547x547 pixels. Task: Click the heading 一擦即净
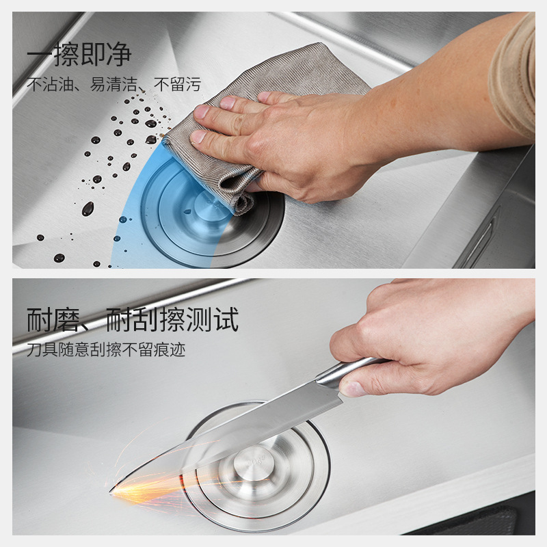coord(79,54)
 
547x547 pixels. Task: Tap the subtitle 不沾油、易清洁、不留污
coord(114,84)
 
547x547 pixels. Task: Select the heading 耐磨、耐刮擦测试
coord(133,319)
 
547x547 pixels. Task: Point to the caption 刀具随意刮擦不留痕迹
coord(106,349)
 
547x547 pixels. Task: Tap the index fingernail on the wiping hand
coord(198,137)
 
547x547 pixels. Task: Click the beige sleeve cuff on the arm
coord(513,77)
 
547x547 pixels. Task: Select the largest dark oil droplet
coord(88,209)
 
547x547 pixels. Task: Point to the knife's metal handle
coord(349,371)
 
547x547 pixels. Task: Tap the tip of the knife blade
coord(110,491)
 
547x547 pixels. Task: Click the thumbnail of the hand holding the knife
coord(352,389)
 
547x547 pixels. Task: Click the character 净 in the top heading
coord(119,54)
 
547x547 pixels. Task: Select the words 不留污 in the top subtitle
coord(178,84)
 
